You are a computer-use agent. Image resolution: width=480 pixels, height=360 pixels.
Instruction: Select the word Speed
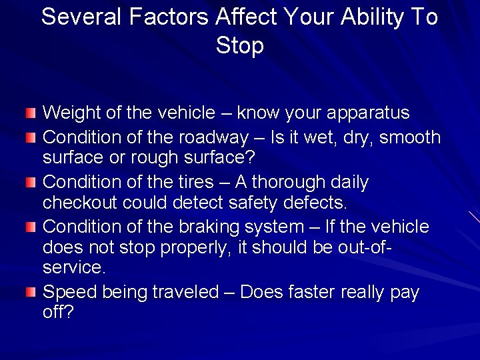67,292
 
